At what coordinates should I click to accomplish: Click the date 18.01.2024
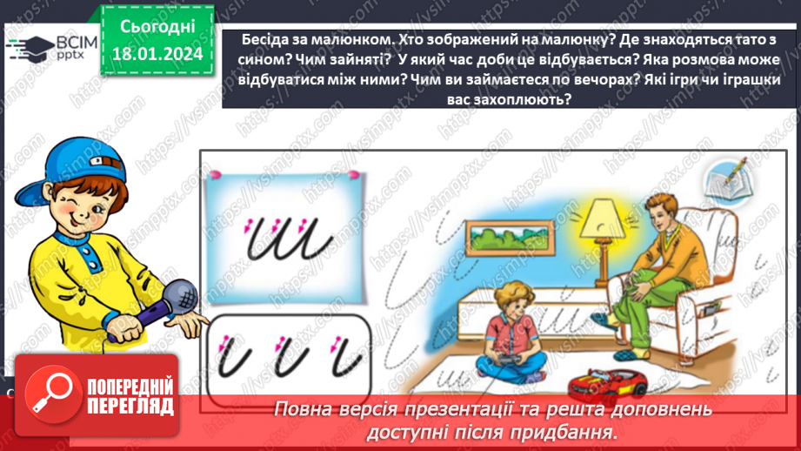157,54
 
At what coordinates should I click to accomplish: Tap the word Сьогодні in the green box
157,27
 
